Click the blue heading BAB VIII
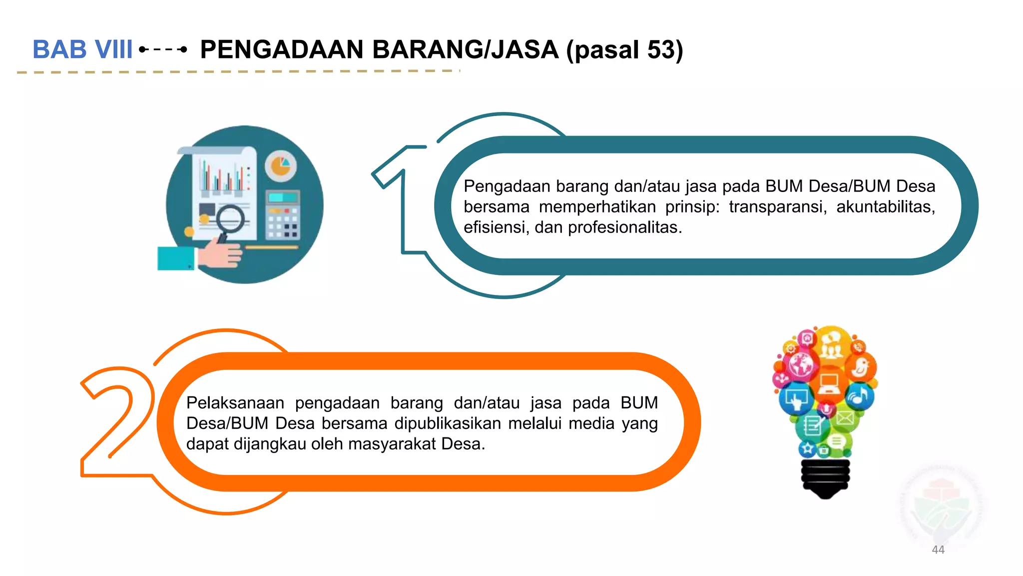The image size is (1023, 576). (82, 49)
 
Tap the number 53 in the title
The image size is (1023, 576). (661, 49)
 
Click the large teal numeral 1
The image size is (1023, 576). (400, 200)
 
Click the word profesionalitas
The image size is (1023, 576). (624, 227)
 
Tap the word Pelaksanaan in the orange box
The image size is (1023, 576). (235, 402)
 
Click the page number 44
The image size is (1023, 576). (938, 549)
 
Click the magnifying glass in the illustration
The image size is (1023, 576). (230, 220)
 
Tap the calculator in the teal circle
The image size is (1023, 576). (282, 215)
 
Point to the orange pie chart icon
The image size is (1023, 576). (280, 165)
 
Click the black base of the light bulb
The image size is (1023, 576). (825, 477)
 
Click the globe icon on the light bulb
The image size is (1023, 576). (801, 364)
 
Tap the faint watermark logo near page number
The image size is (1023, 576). (941, 505)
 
